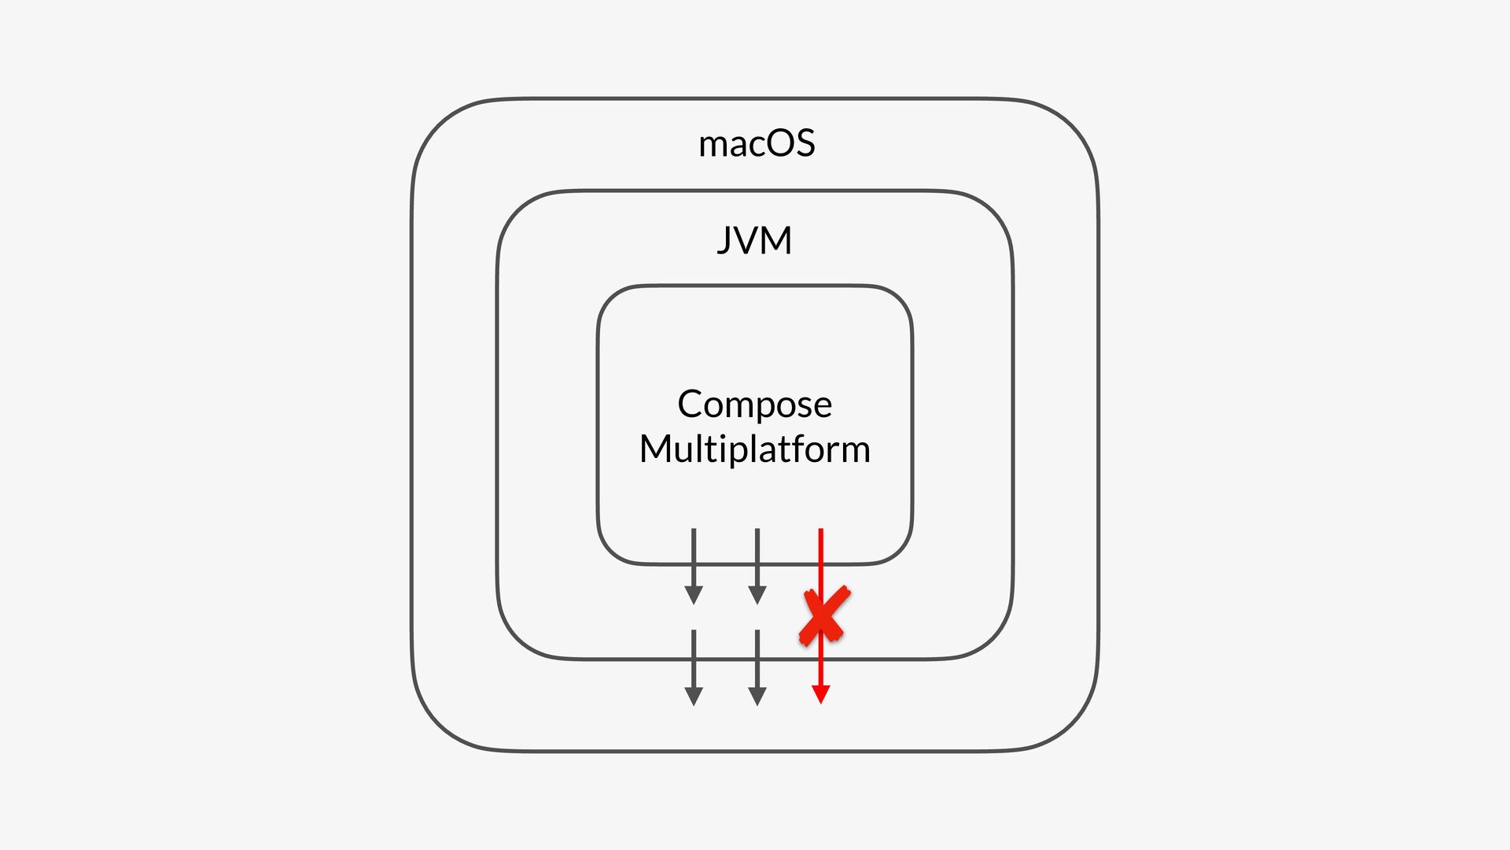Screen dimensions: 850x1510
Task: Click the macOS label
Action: tap(757, 144)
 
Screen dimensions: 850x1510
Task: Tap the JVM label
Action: tap(754, 240)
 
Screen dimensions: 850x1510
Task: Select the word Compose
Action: tap(754, 405)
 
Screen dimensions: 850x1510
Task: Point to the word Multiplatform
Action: tap(754, 450)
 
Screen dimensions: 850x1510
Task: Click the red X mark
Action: tap(823, 615)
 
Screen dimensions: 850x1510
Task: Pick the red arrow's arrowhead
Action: tap(821, 694)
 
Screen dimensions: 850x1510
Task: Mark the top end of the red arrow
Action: tap(821, 530)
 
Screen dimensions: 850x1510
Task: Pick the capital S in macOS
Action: tap(805, 144)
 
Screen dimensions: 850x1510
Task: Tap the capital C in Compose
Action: tap(690, 405)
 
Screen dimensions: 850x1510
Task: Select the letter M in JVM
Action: tap(777, 240)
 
